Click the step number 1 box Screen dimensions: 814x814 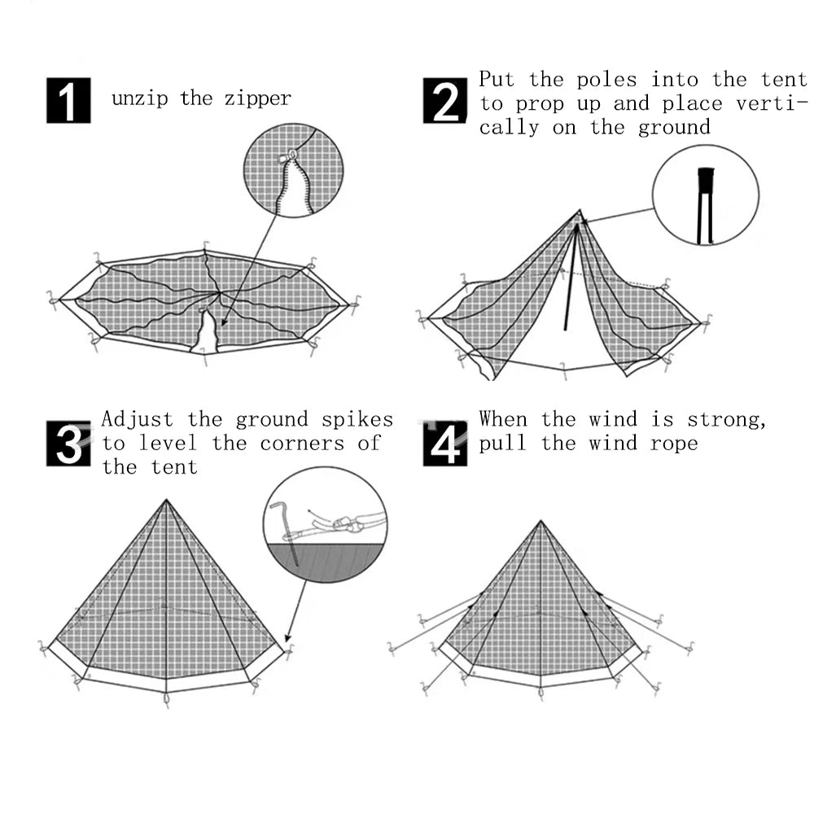[x=68, y=100]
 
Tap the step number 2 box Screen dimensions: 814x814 [x=445, y=100]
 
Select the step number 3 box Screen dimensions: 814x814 [x=68, y=444]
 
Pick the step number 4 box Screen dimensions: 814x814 [x=445, y=444]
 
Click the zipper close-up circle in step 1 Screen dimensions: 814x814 [x=293, y=171]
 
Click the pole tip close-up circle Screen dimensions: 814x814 [x=705, y=195]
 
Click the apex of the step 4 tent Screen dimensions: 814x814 [x=540, y=522]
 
